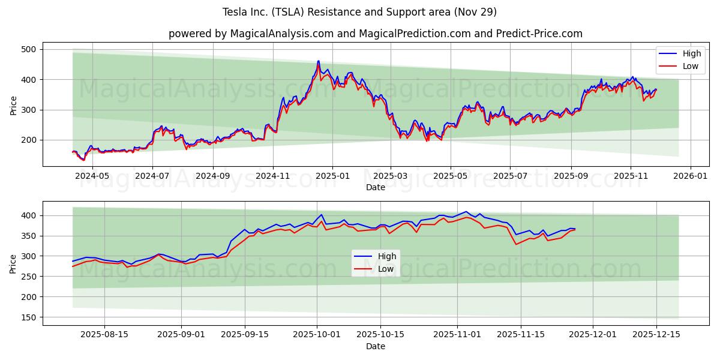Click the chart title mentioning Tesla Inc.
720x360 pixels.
(x=359, y=12)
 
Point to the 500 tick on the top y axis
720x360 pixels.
(x=29, y=49)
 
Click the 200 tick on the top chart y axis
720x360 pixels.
(x=29, y=140)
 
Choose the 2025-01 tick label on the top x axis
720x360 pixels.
(x=332, y=176)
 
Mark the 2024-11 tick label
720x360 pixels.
(x=273, y=176)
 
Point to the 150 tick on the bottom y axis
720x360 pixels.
(x=29, y=317)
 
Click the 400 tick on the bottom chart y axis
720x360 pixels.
(x=29, y=215)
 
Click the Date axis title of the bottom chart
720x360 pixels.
(x=376, y=346)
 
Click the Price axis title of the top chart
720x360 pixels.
(x=13, y=104)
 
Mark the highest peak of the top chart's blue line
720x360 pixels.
(x=319, y=61)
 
